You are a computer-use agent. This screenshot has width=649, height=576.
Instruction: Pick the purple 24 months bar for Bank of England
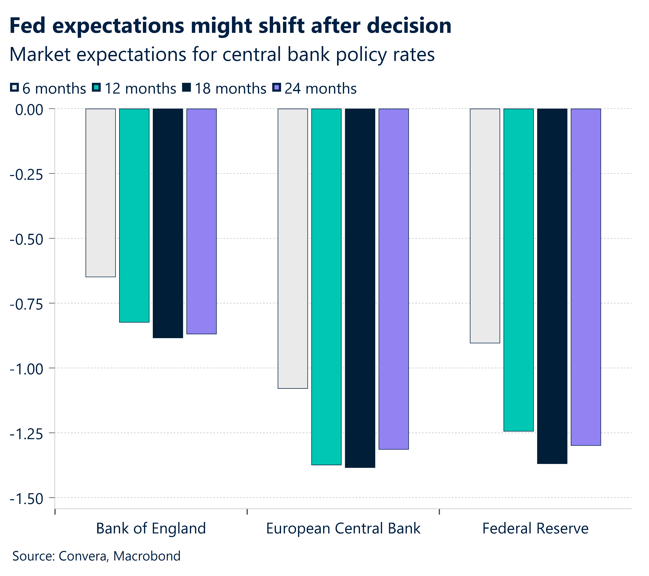point(202,221)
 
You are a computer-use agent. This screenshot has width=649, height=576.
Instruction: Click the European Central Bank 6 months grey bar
point(293,248)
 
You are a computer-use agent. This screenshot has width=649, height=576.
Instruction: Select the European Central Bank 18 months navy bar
point(360,288)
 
